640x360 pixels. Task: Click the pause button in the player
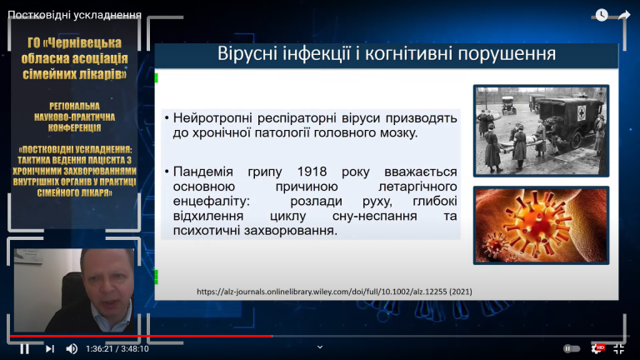pos(24,348)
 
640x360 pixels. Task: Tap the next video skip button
pos(50,348)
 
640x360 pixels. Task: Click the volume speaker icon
pos(72,348)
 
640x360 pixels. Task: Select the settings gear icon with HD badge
pos(597,348)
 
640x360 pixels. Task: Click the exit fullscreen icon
pos(619,348)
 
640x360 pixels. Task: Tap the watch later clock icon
pos(602,15)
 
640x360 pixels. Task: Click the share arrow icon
pos(624,15)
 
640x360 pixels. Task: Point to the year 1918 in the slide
pos(312,172)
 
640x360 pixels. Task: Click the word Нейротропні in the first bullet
pos(212,118)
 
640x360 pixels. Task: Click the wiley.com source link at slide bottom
pos(334,292)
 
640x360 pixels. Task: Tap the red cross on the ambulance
pos(581,112)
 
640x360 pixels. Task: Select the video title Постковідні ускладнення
pos(75,15)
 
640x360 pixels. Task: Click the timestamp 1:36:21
pos(99,349)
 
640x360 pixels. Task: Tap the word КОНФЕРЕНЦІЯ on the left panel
pos(74,127)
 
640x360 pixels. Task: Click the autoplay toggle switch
pos(572,348)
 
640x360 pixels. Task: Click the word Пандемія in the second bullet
pos(202,172)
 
